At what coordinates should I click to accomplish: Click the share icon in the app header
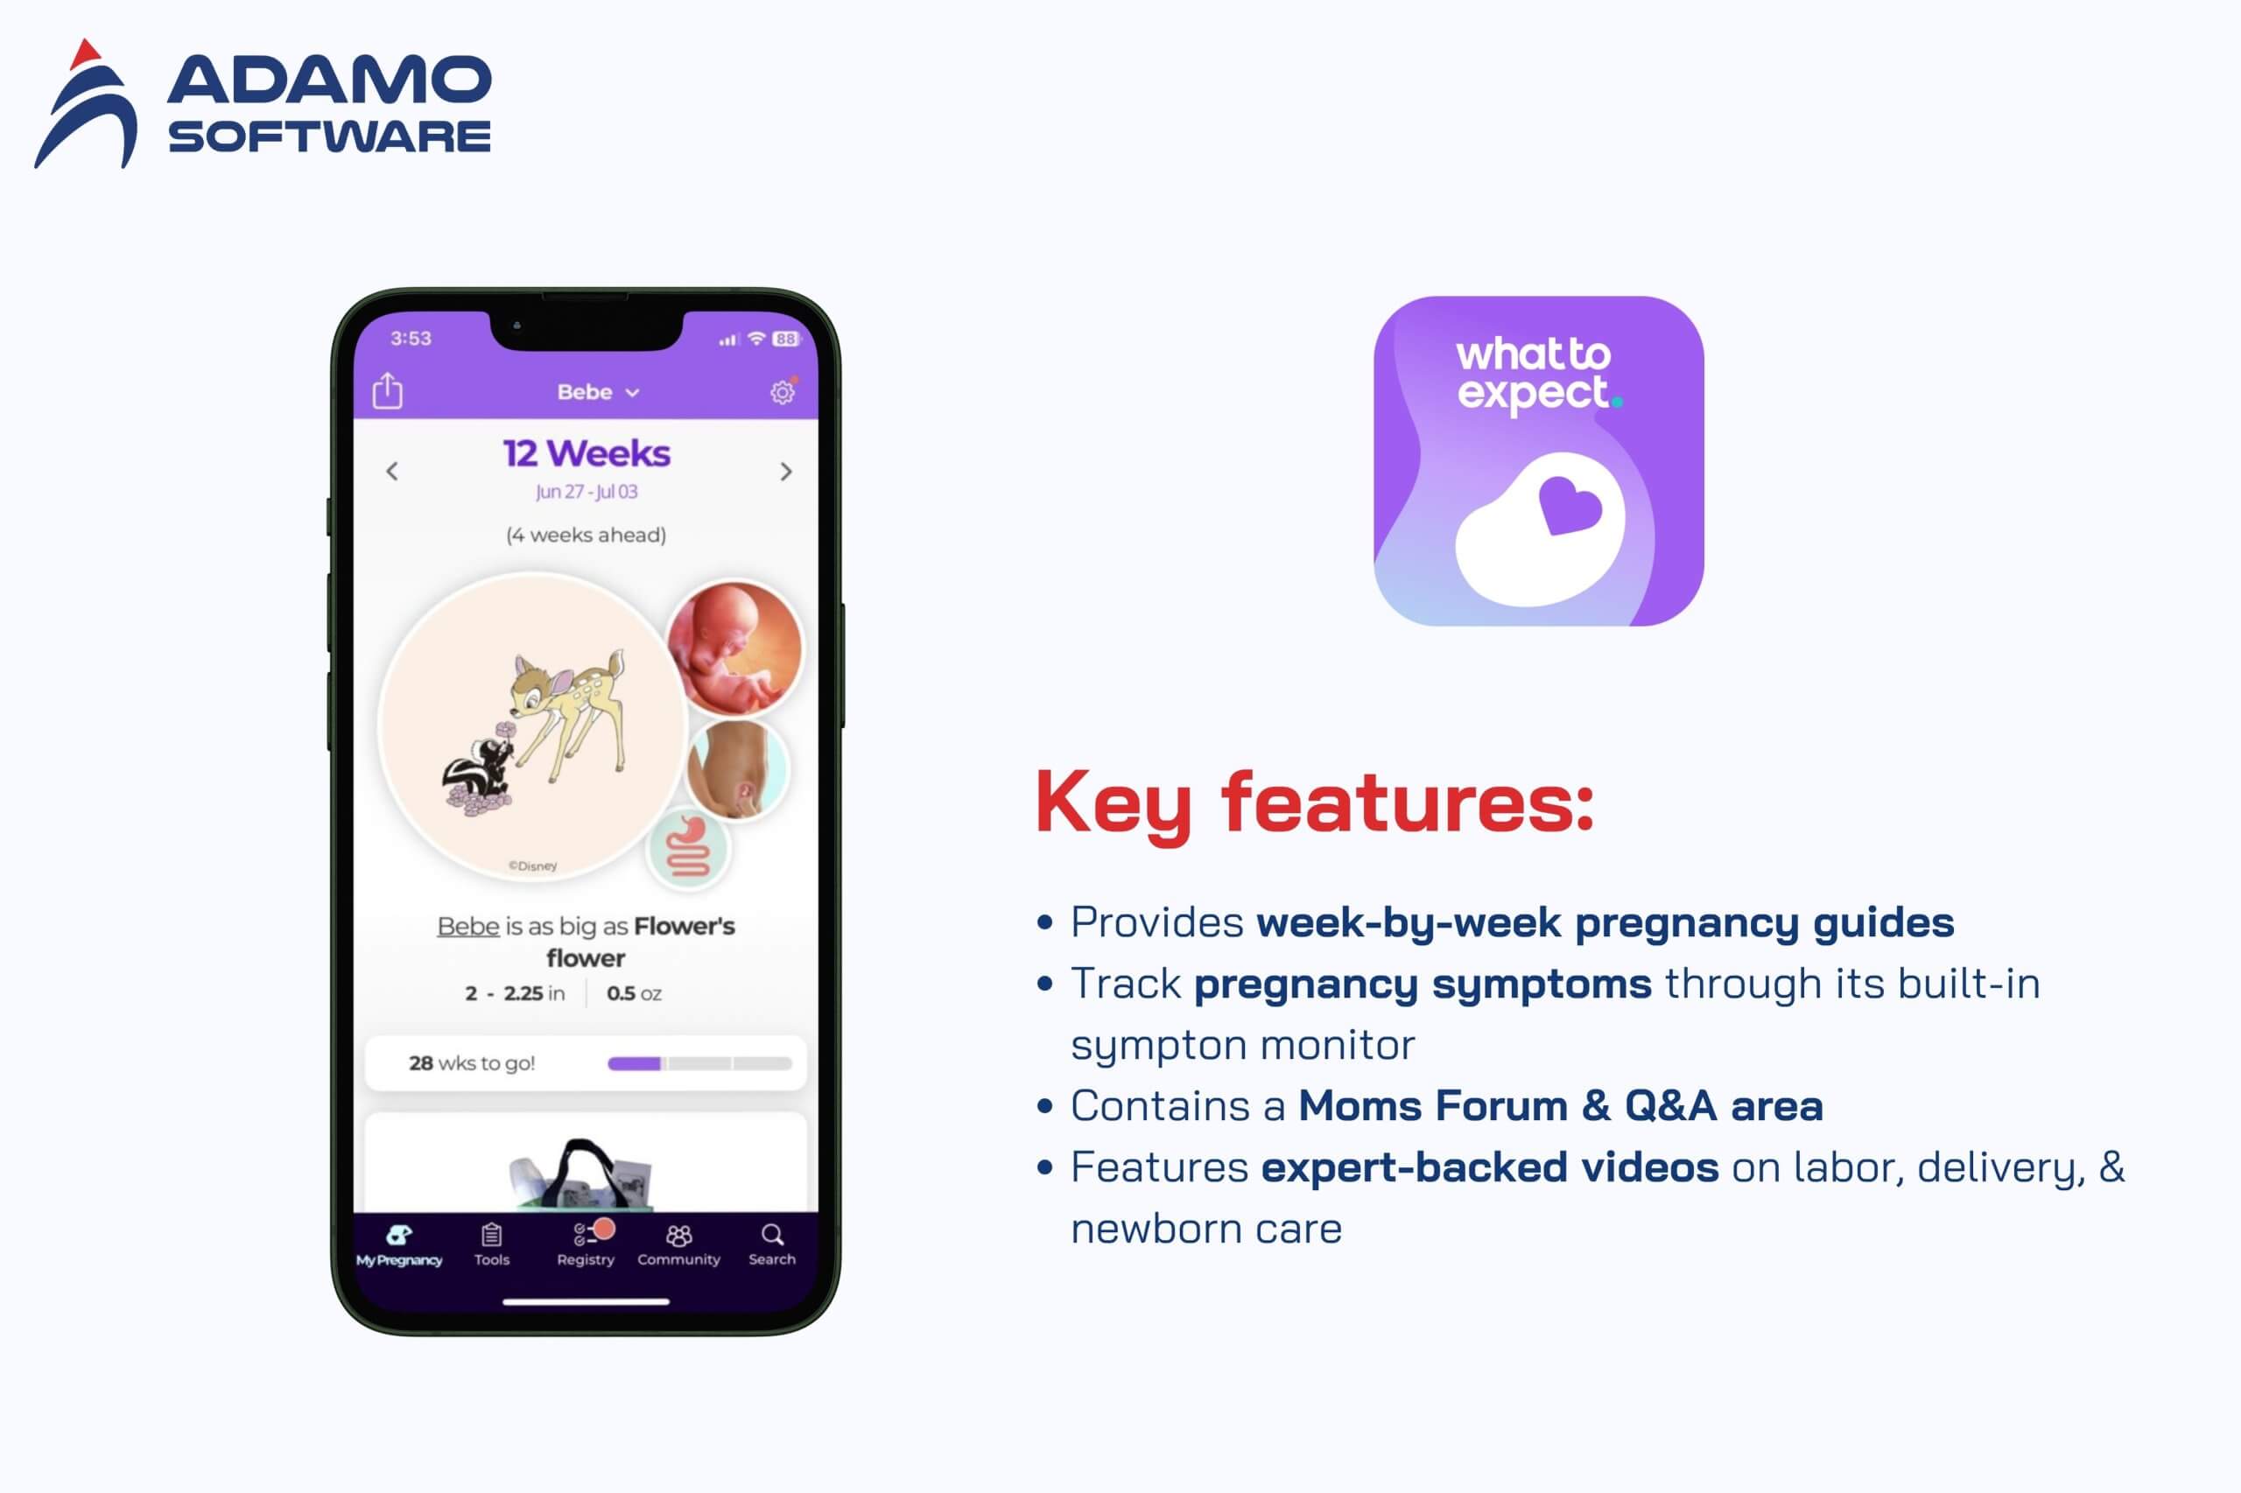pos(388,390)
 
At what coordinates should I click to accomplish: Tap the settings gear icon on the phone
pos(782,391)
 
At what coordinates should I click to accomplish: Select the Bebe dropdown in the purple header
pos(598,392)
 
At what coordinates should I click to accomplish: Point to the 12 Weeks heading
pos(587,453)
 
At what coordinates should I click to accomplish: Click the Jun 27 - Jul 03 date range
pos(587,491)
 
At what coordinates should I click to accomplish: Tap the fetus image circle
pos(734,648)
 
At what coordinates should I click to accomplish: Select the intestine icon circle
pos(689,847)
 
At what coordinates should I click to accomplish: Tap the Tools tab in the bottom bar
pos(491,1244)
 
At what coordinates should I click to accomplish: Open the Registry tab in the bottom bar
pos(586,1244)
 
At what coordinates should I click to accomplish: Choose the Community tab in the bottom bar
pos(679,1244)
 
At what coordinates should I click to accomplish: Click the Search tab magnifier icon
pos(772,1235)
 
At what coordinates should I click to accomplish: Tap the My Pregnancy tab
pos(399,1244)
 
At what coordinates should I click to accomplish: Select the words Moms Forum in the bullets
pos(1433,1106)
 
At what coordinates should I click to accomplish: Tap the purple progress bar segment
pos(635,1063)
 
